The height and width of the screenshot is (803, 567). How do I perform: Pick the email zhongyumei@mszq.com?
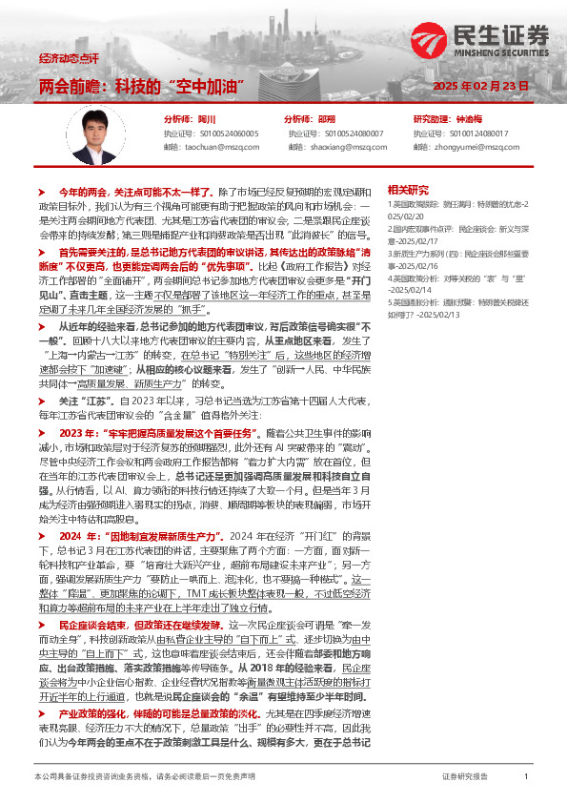click(475, 147)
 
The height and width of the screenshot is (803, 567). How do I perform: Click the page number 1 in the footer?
click(525, 777)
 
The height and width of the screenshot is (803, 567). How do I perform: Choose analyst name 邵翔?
click(326, 119)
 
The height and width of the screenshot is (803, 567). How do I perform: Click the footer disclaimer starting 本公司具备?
click(143, 777)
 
